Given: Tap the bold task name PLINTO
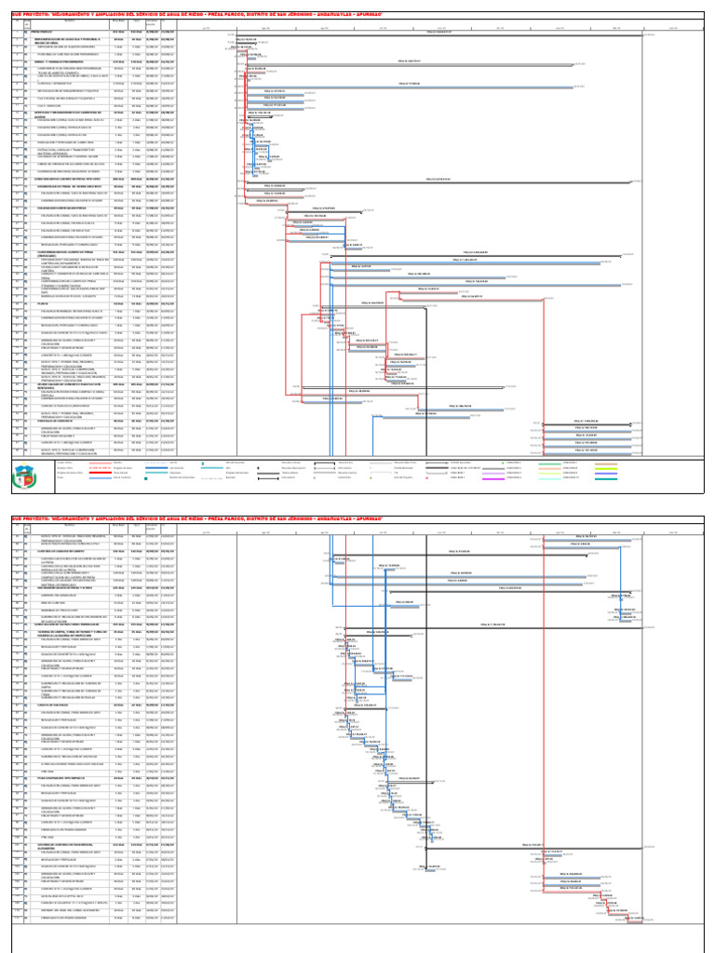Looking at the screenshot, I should [42, 303].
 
